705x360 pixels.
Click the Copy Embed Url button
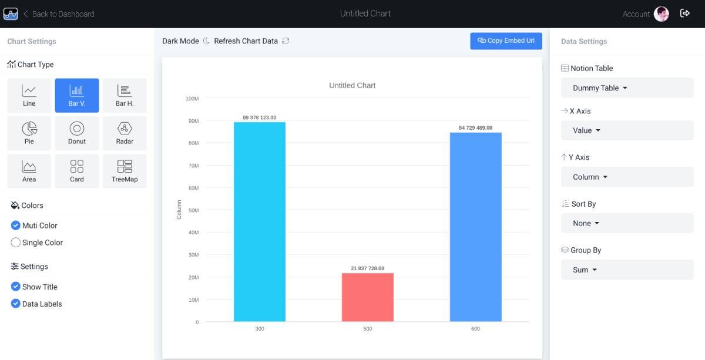point(506,41)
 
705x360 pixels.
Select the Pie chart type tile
point(29,133)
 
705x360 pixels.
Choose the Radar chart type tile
point(125,133)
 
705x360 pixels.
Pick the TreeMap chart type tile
point(125,171)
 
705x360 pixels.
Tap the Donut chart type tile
point(77,133)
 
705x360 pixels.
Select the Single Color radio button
point(16,243)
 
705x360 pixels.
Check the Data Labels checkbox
point(16,304)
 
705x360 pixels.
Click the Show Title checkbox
point(16,287)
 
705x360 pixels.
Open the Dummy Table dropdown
point(627,88)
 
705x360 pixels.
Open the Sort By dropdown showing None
point(627,223)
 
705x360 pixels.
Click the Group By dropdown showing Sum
point(627,270)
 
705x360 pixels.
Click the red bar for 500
point(368,297)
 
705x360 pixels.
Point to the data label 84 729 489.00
point(475,128)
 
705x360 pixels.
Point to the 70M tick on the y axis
point(193,166)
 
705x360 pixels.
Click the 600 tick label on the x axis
point(475,329)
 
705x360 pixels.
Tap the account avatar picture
point(662,14)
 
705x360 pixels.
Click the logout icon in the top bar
point(685,14)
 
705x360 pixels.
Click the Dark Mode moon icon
point(206,41)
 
